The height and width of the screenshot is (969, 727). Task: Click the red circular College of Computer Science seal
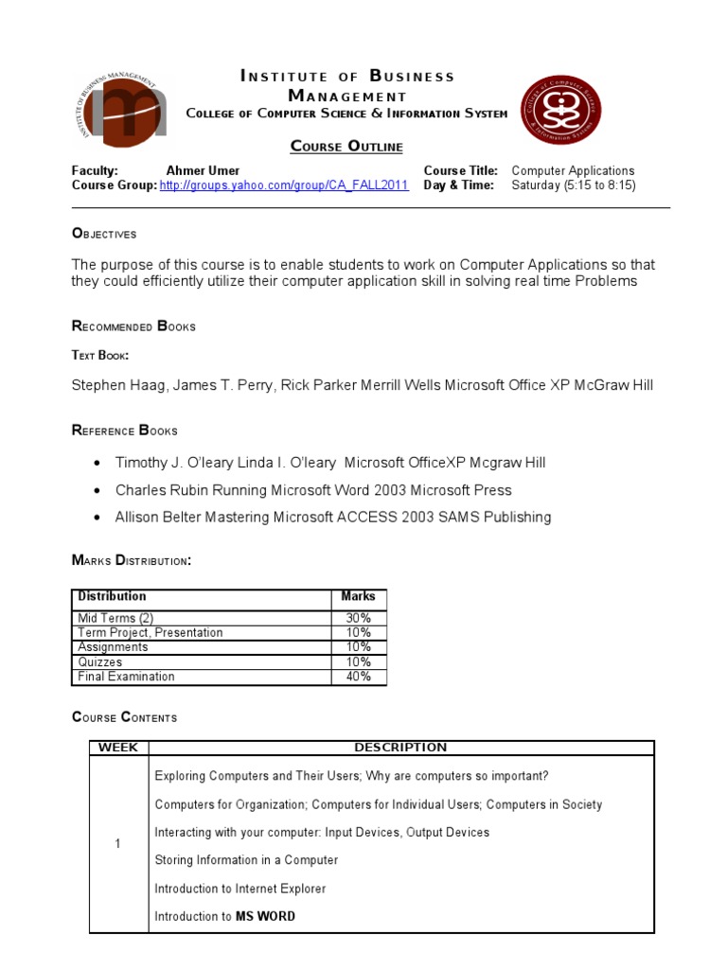tap(560, 110)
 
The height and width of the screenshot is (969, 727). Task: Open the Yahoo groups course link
tap(284, 185)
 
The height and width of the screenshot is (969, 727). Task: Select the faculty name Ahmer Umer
tap(203, 171)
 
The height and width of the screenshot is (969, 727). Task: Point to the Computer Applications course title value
tap(573, 171)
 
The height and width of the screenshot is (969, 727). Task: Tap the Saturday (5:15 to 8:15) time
tap(574, 185)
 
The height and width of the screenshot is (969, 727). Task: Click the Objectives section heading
tap(104, 234)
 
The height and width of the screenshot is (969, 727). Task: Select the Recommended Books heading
tap(133, 326)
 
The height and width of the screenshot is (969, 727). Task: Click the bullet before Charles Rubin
tap(99, 490)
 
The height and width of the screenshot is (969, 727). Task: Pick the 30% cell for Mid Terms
tap(358, 618)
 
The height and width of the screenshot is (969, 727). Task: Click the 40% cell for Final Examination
tap(358, 677)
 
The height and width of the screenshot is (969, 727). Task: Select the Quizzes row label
tap(101, 662)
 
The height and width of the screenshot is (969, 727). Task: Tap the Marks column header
tap(358, 596)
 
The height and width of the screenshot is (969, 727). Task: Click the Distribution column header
tap(112, 596)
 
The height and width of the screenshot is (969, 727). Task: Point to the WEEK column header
tap(118, 748)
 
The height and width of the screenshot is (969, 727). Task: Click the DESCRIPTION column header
tap(400, 748)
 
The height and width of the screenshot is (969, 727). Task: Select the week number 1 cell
tap(117, 844)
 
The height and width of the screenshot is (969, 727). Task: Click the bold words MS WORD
tap(265, 916)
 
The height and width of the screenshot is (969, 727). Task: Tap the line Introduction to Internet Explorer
tap(239, 889)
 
